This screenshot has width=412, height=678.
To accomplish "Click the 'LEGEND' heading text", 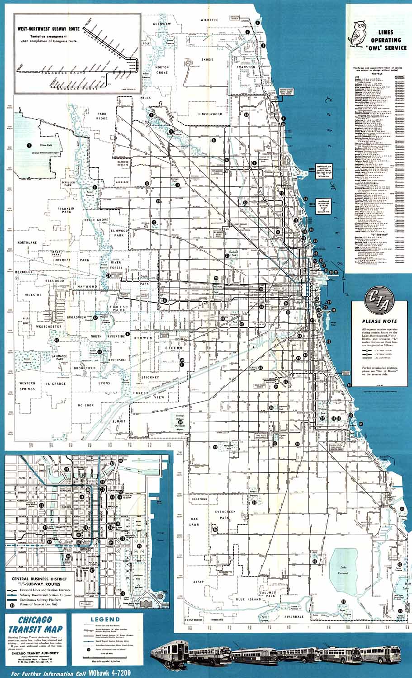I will (105, 619).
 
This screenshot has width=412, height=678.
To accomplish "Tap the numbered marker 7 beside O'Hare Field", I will (29, 146).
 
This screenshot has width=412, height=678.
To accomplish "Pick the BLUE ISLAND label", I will (249, 599).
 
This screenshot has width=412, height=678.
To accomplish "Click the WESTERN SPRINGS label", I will (27, 386).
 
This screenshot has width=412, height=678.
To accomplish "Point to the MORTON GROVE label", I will (162, 70).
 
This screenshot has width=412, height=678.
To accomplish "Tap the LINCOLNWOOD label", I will (210, 114).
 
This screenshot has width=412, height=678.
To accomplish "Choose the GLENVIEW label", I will (162, 24).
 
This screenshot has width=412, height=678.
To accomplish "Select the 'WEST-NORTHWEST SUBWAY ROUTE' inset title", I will (48, 28).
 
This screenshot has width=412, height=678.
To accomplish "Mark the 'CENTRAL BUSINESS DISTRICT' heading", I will (39, 579).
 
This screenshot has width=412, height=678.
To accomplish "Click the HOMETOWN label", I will (199, 499).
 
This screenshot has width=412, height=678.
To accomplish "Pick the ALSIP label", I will (198, 582).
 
